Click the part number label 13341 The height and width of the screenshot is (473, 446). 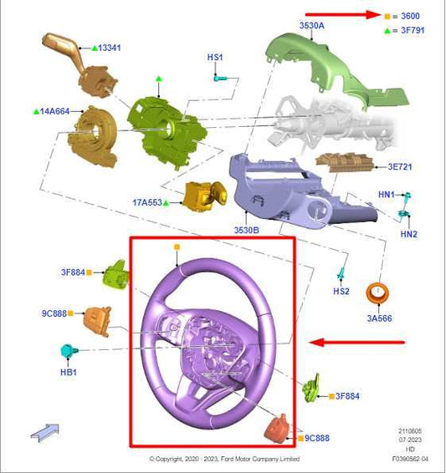pyautogui.click(x=110, y=48)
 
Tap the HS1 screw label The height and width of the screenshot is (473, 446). pyautogui.click(x=215, y=57)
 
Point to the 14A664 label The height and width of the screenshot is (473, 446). pyautogui.click(x=54, y=110)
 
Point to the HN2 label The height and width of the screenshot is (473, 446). pyautogui.click(x=408, y=234)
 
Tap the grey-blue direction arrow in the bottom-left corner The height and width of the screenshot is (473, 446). pyautogui.click(x=45, y=431)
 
